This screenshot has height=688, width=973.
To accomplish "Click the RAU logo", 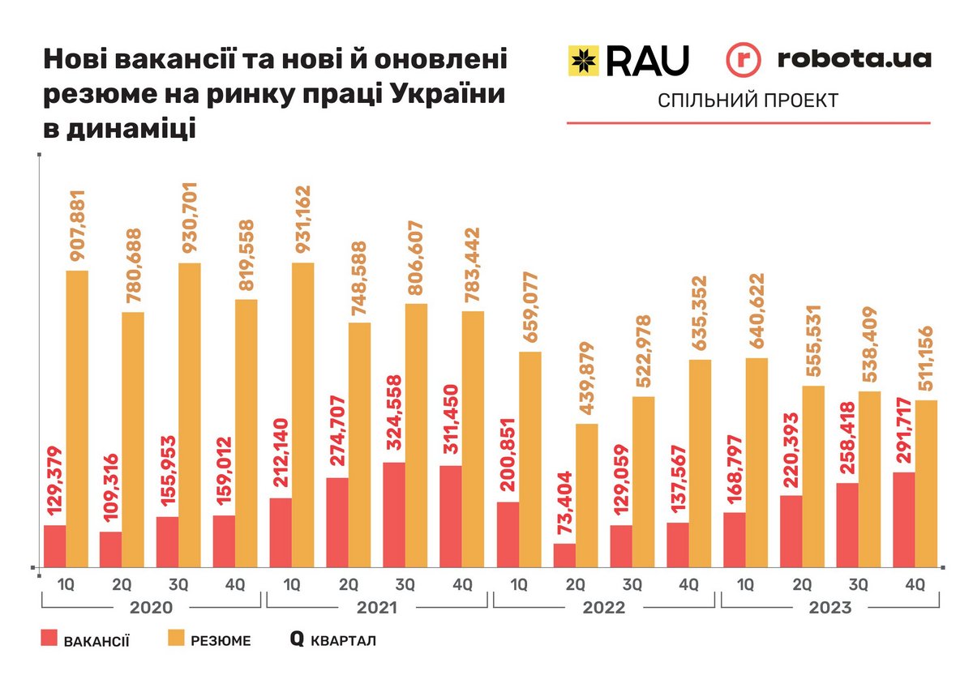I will click(x=628, y=60).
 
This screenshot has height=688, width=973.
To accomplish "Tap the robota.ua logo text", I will click(x=854, y=59).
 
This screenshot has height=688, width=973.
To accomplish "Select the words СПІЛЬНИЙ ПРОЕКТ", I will click(x=748, y=100).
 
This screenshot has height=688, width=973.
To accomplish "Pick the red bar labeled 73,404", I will click(x=564, y=555).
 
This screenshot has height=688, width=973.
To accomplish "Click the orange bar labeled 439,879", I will click(x=587, y=495).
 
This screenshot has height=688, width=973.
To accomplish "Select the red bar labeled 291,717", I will click(x=903, y=519).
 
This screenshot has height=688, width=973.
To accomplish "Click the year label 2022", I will click(x=603, y=608).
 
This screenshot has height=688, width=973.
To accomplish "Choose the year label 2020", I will click(x=152, y=608).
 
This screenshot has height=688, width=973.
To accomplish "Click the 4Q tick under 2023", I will click(x=915, y=583).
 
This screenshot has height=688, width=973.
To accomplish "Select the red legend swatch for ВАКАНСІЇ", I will click(x=50, y=640).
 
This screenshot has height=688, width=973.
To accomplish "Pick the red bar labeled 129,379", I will click(x=55, y=546).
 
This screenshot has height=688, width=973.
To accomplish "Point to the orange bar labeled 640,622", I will click(x=757, y=462).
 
